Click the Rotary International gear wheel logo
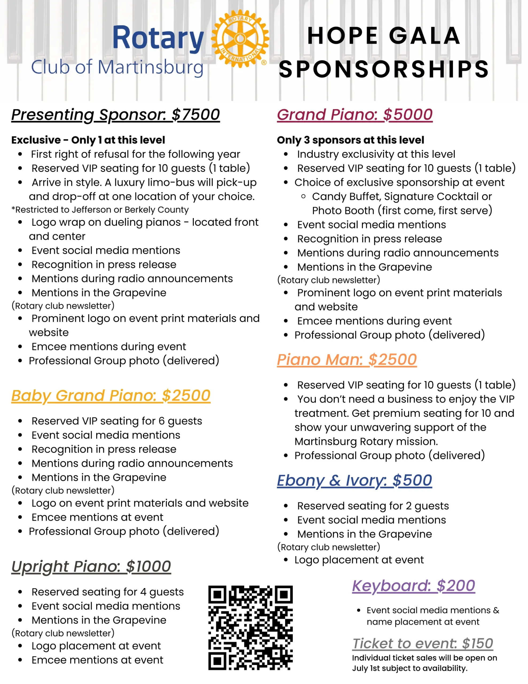[x=240, y=38]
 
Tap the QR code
[x=250, y=628]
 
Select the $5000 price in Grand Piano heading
[x=408, y=115]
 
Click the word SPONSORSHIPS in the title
[x=384, y=69]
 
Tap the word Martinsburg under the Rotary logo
[x=151, y=67]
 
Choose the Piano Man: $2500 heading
[x=347, y=360]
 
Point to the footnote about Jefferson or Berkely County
[x=100, y=209]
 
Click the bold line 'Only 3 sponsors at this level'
[x=350, y=140]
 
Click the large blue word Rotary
[x=158, y=38]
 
